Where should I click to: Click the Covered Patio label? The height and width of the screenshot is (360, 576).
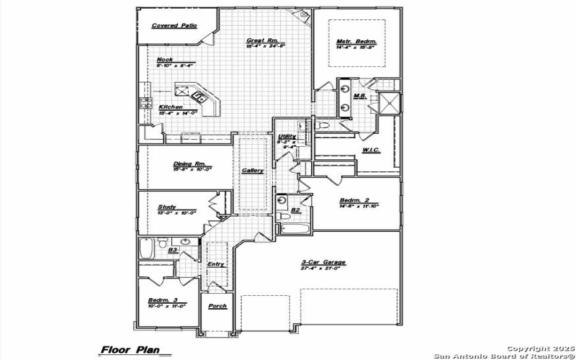[174, 25]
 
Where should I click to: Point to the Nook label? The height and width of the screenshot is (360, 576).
[165, 60]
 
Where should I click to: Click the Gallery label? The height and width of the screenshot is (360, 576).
[252, 171]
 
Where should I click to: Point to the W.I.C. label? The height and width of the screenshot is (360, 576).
[372, 150]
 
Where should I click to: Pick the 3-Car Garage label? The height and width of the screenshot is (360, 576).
[323, 262]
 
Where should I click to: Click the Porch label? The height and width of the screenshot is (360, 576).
[217, 306]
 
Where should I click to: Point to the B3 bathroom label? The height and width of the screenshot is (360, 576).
[173, 250]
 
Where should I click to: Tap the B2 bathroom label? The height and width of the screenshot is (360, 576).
[295, 210]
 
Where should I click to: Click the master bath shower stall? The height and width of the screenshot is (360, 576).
[391, 103]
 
